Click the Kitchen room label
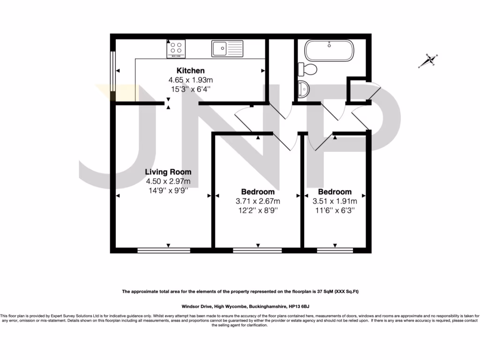point(190,71)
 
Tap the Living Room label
point(168,172)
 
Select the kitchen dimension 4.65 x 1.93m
point(190,80)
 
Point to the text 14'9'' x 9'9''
point(168,190)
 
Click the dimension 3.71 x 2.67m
point(258,201)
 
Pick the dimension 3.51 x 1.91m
point(335,201)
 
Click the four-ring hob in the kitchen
point(176,48)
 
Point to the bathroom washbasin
point(303,88)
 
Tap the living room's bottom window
point(164,250)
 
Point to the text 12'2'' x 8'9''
point(258,210)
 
